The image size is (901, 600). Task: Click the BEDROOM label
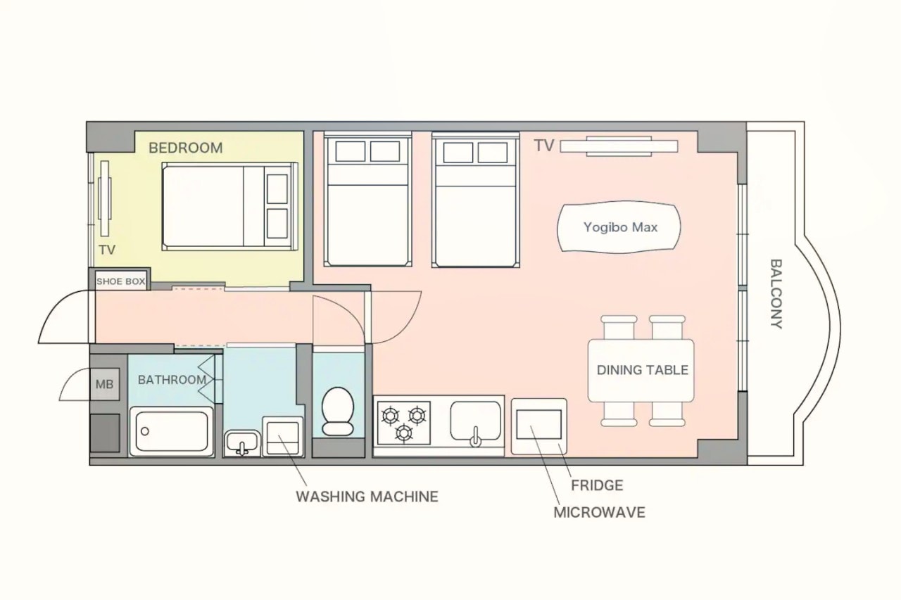click(x=185, y=148)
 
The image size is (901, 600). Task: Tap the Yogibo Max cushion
click(x=619, y=228)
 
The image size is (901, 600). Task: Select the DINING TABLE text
click(x=643, y=370)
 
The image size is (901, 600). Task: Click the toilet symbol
click(x=338, y=411)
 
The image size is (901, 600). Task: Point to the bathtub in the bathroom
click(x=171, y=431)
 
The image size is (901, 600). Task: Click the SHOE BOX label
click(x=120, y=281)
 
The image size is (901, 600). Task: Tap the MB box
click(x=105, y=384)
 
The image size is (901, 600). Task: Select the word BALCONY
click(x=776, y=294)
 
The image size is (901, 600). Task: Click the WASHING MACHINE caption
click(x=367, y=497)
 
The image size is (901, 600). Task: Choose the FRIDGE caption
click(x=597, y=485)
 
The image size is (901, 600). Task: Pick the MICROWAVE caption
click(x=599, y=512)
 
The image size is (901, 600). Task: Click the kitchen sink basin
click(x=476, y=421)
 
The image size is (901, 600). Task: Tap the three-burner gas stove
click(x=404, y=423)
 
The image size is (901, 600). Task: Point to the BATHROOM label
click(x=172, y=380)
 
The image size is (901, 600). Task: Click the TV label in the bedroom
click(x=107, y=250)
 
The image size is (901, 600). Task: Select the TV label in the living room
click(x=544, y=146)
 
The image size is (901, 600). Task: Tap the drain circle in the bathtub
click(x=145, y=431)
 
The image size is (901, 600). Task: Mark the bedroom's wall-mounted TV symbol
click(x=105, y=198)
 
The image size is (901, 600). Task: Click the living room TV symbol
click(x=619, y=146)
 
